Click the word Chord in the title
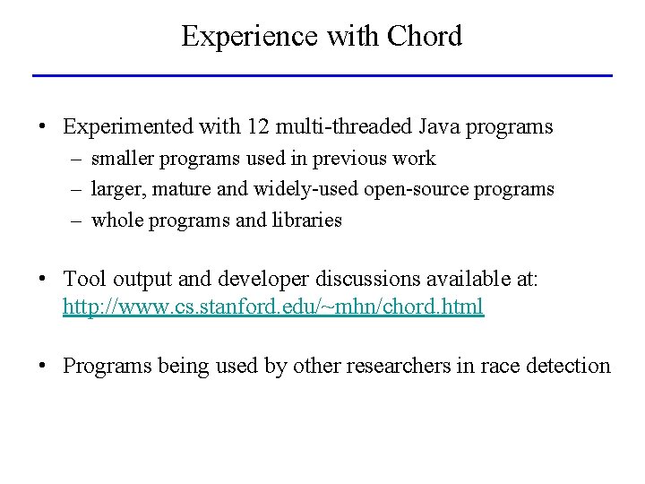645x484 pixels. coord(425,36)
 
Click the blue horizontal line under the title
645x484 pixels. coord(322,75)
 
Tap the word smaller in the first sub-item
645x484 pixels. coord(124,159)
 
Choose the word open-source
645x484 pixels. coord(410,189)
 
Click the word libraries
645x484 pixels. coord(305,220)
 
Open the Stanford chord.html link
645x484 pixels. coord(273,306)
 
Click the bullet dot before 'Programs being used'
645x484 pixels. coord(43,367)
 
